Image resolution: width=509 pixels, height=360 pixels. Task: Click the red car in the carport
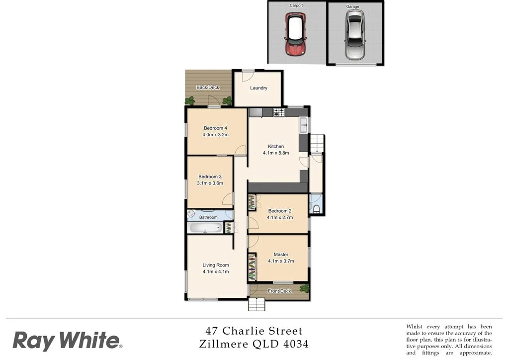pyautogui.click(x=295, y=34)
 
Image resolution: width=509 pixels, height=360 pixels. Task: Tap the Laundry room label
pyautogui.click(x=258, y=88)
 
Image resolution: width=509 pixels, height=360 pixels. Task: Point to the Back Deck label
pyautogui.click(x=208, y=88)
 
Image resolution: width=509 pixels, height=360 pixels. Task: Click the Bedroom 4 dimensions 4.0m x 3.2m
pyautogui.click(x=215, y=135)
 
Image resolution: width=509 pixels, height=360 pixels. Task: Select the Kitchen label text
pyautogui.click(x=276, y=146)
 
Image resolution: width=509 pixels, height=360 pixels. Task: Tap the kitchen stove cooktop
pyautogui.click(x=278, y=112)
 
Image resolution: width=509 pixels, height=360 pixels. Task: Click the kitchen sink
pyautogui.click(x=304, y=125)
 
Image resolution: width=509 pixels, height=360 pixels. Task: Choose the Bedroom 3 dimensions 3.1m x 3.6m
pyautogui.click(x=210, y=183)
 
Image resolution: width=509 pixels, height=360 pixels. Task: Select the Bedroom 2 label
pyautogui.click(x=280, y=211)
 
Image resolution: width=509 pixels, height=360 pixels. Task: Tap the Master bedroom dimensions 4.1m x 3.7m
pyautogui.click(x=281, y=261)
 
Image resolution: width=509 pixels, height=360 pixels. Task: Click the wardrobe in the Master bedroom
pyautogui.click(x=252, y=267)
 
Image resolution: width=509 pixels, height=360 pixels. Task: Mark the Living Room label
pyautogui.click(x=216, y=265)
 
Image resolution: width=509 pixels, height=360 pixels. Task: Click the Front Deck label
pyautogui.click(x=279, y=291)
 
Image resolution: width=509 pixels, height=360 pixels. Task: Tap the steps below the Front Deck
pyautogui.click(x=255, y=304)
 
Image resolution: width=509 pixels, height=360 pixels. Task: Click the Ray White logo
pyautogui.click(x=67, y=341)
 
